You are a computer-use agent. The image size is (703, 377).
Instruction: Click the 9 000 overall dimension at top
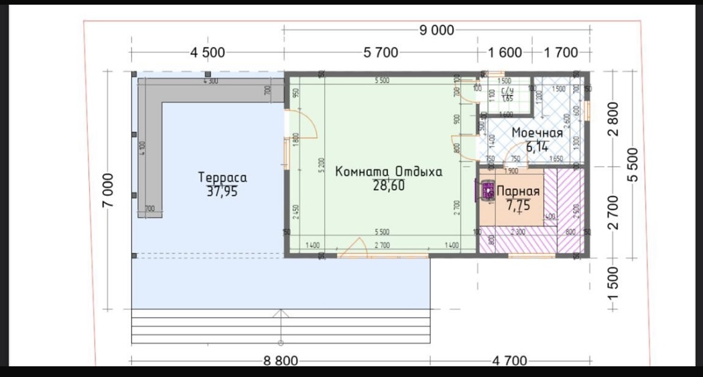tap(436, 30)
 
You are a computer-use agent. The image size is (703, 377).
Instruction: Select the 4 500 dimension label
tap(208, 53)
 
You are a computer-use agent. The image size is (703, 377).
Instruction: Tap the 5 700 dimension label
tap(381, 53)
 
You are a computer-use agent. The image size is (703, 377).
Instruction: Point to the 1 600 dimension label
tap(505, 53)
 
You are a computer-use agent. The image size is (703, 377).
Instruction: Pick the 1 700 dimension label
tap(563, 53)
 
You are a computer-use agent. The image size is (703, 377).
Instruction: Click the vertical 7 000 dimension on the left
tap(109, 190)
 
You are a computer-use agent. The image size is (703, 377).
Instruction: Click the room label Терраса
tap(222, 177)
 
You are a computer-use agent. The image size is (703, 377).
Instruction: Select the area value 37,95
tap(222, 191)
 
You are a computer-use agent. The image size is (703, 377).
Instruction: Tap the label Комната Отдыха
tap(389, 171)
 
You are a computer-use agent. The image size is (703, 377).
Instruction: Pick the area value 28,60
tap(389, 185)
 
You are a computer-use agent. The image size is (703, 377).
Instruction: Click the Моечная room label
tap(537, 133)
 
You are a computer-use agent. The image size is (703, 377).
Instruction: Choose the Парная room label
tap(517, 192)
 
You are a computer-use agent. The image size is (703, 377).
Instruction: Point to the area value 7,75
tap(518, 206)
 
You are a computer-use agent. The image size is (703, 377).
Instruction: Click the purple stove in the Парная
tap(486, 191)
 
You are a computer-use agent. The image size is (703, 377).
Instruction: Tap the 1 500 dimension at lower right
tap(613, 284)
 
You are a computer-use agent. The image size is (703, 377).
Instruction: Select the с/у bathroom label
tap(507, 91)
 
